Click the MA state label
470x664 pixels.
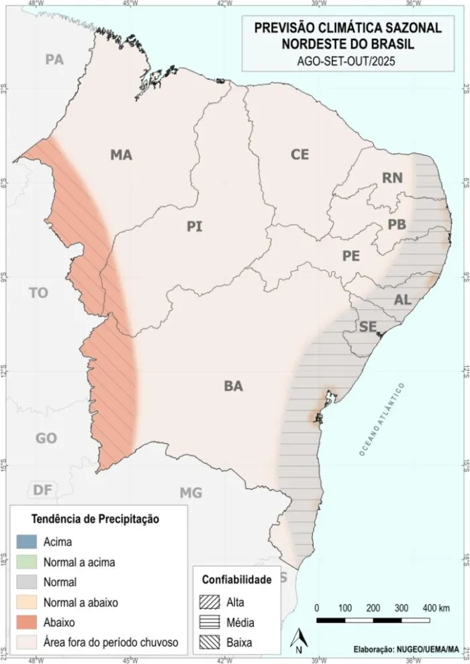(122, 156)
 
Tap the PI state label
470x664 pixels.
(195, 227)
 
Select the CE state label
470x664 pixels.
(299, 154)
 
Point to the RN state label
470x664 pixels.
(392, 178)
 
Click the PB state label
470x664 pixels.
(397, 225)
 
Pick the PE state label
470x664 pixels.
(351, 256)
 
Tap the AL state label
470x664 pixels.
(403, 300)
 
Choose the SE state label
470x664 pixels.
(367, 327)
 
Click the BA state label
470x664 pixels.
(234, 386)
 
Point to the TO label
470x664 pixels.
(39, 293)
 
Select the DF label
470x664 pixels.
(42, 490)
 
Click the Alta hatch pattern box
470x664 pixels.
(211, 602)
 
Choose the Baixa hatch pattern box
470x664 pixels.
(211, 642)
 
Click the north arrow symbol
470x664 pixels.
(299, 639)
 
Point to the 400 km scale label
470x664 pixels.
(436, 608)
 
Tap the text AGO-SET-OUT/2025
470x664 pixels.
(347, 60)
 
